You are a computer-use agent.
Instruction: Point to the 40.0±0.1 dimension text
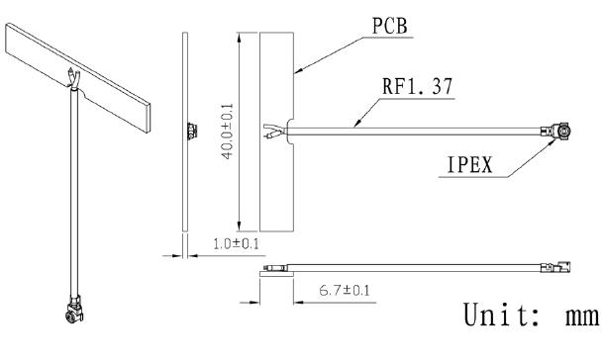click(x=229, y=129)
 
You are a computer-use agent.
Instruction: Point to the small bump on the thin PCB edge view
click(x=188, y=130)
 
